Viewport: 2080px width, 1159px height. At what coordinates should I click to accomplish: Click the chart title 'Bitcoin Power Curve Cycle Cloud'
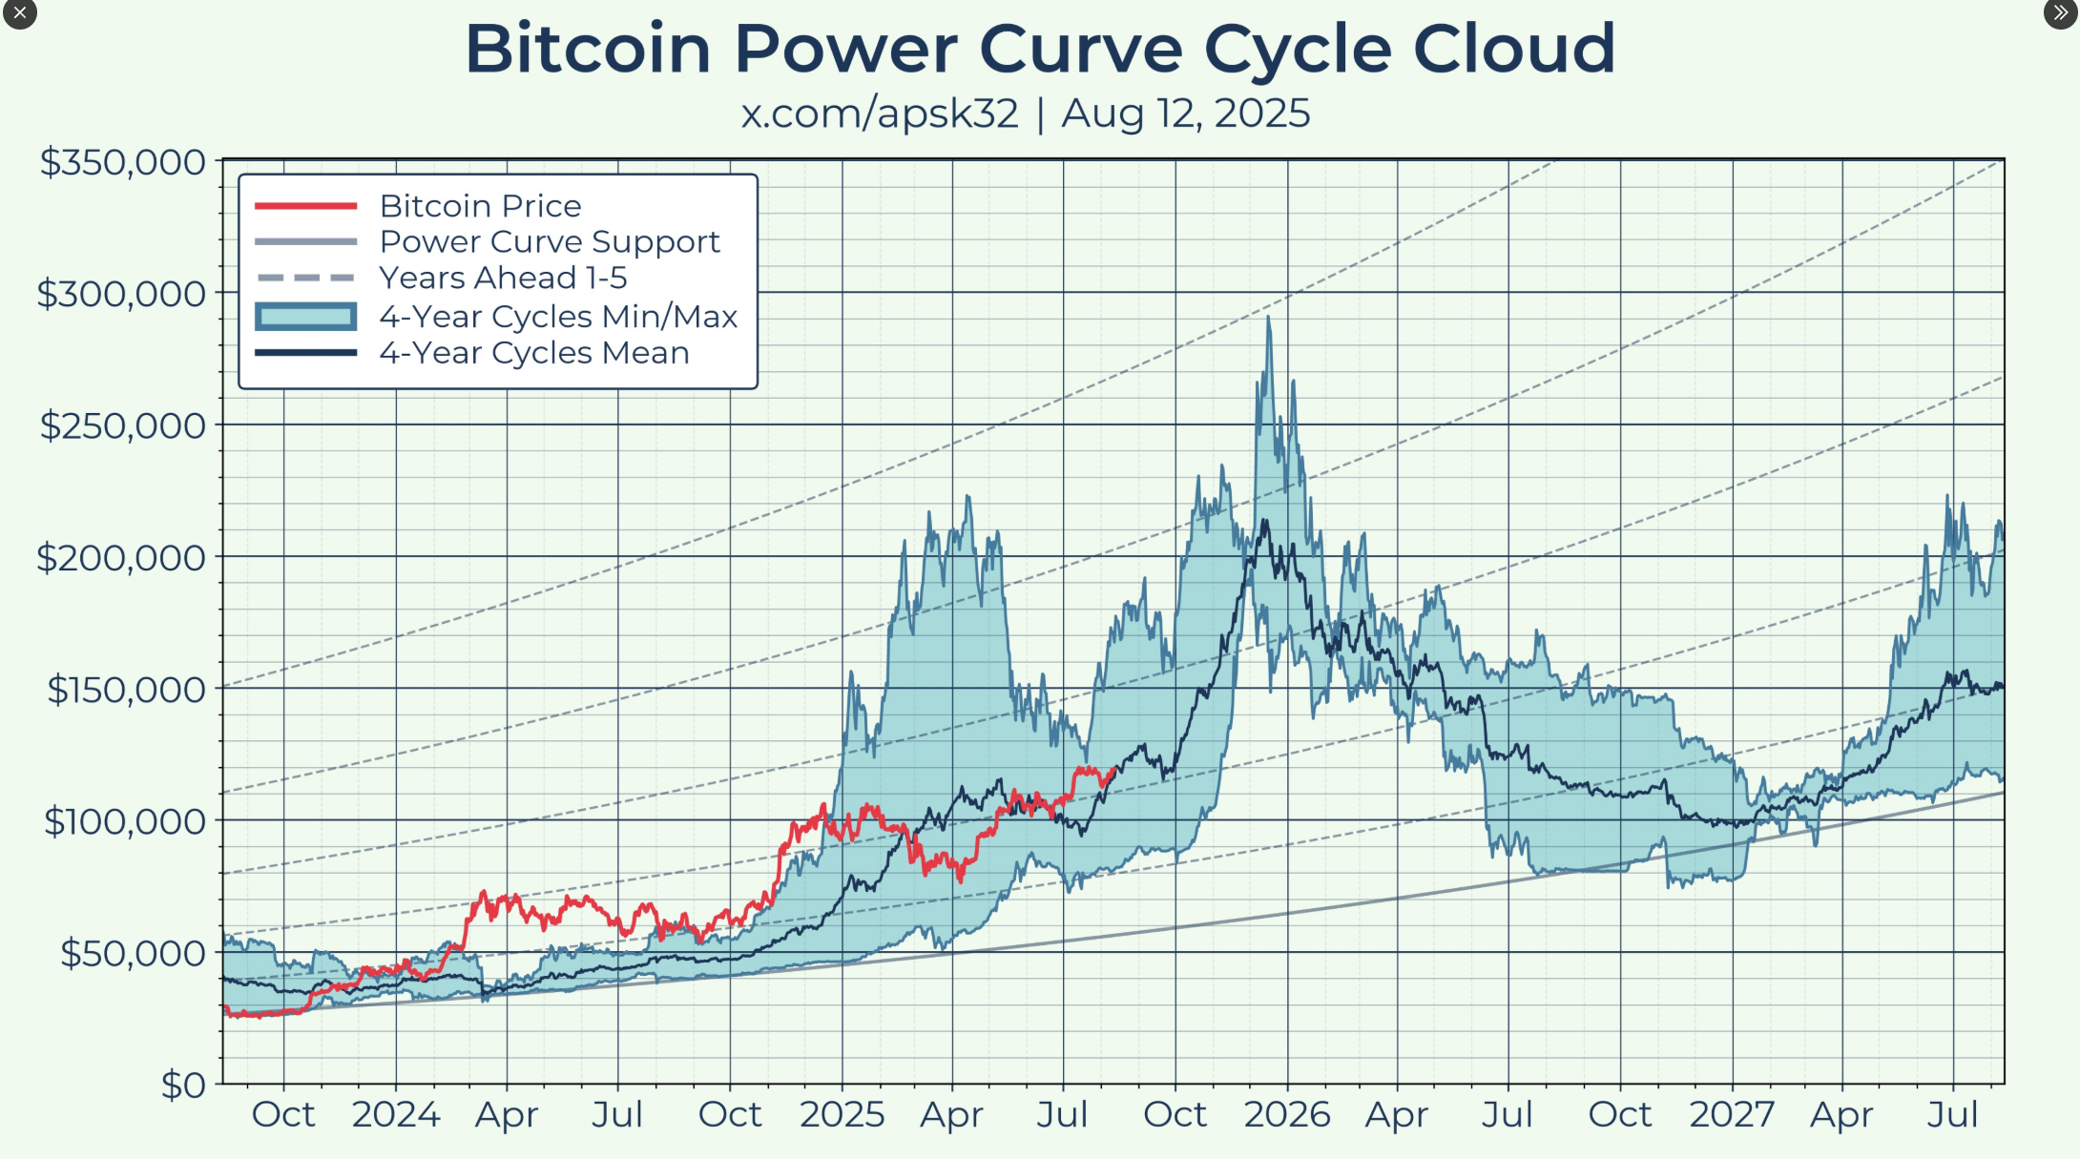point(1040,50)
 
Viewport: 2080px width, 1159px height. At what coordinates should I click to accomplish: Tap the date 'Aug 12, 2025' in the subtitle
point(1185,114)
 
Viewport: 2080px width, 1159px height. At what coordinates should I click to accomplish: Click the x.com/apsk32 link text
point(880,114)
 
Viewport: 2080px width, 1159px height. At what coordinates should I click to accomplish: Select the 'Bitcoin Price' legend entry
point(480,206)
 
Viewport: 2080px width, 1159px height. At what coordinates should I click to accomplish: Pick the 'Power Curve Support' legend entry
point(550,242)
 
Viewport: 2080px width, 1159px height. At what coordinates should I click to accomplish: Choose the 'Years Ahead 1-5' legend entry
point(503,279)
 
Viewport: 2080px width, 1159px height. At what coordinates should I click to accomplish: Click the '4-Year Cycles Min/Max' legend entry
point(558,317)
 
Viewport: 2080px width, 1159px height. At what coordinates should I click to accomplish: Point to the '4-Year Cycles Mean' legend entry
point(533,353)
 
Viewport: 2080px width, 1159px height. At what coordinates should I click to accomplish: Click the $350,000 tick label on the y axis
point(122,163)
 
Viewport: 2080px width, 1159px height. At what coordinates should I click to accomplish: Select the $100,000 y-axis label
point(124,821)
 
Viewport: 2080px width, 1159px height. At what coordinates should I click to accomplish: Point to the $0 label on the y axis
point(182,1085)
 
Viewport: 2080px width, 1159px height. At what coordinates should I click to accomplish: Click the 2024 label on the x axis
point(396,1115)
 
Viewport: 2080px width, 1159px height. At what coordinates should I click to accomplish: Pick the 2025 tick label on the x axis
point(842,1115)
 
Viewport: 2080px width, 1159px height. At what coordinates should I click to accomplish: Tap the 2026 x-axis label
point(1286,1115)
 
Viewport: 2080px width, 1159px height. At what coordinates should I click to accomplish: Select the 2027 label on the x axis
point(1732,1115)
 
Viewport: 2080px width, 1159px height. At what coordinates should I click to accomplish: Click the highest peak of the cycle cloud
point(1268,319)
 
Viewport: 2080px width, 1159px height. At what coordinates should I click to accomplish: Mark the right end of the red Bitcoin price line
point(1114,769)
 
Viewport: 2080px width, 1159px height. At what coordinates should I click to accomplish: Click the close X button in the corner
point(19,13)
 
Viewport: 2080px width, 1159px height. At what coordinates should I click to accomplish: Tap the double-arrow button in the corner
point(2060,13)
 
